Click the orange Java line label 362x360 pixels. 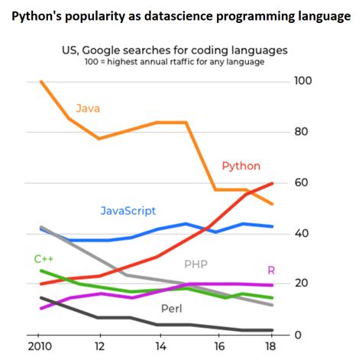88,109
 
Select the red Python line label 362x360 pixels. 241,166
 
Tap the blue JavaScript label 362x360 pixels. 128,210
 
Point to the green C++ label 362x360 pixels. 44,259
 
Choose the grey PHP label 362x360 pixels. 196,264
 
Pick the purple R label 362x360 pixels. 271,270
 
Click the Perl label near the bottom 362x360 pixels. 171,309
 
